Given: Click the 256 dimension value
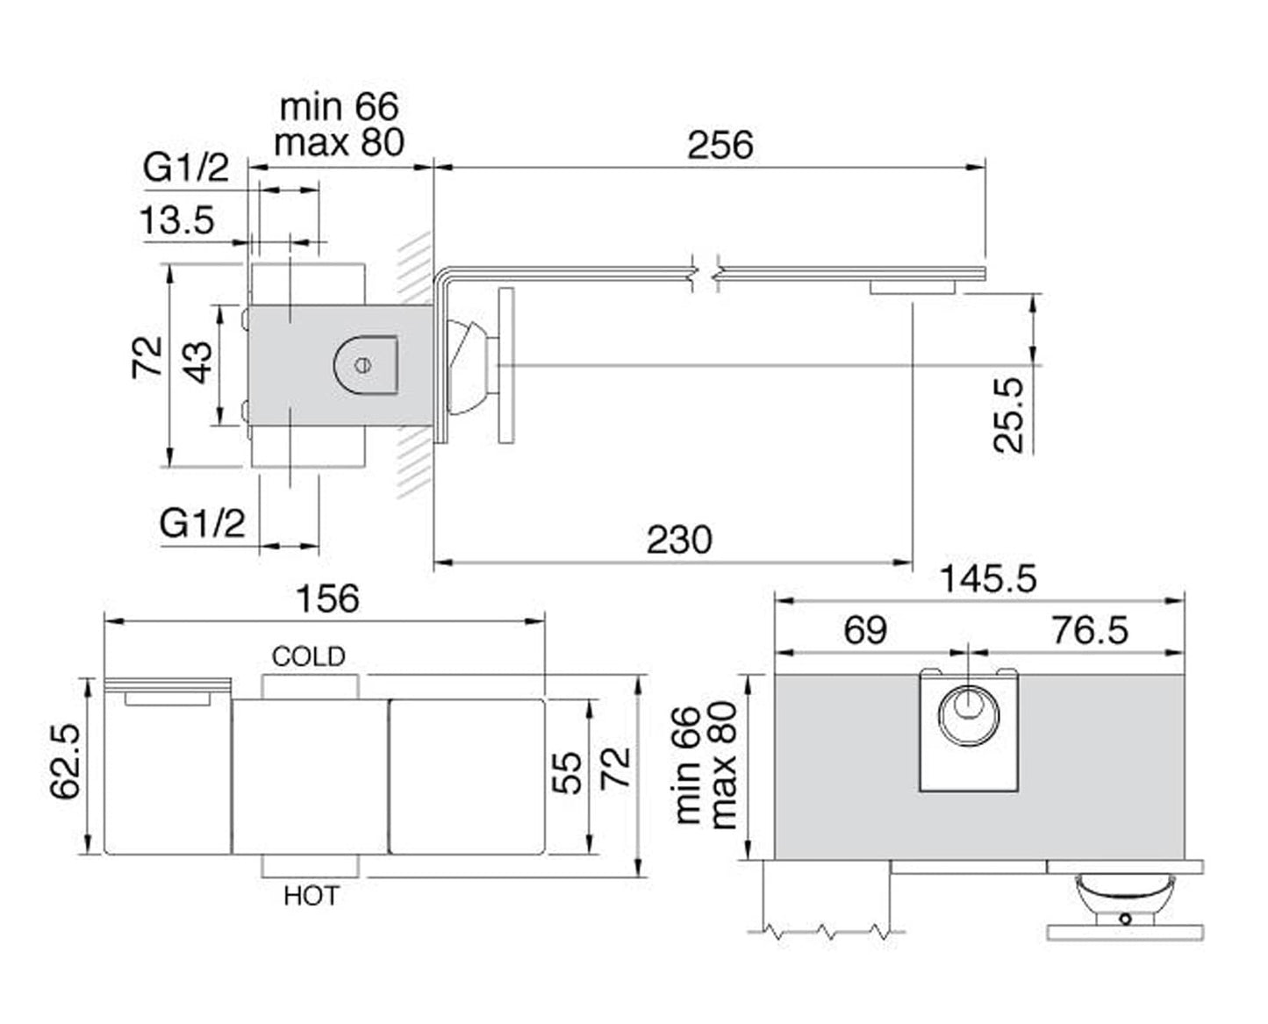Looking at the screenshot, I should coord(720,145).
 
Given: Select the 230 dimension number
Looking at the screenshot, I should coord(679,540).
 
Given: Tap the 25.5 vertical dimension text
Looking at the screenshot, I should coord(1009,414).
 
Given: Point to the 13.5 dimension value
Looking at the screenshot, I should coord(177,219).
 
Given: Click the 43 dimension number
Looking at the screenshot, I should coord(200,362).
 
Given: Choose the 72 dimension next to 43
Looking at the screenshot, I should coord(147,357).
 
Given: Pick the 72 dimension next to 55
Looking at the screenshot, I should coord(616,767).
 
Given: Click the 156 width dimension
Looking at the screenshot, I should coord(327,598).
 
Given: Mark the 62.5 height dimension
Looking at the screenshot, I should coord(67,762).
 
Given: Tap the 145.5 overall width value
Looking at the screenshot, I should coord(988,578).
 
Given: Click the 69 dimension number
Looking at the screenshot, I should coord(865,630).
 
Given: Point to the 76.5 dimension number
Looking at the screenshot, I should coord(1090,630).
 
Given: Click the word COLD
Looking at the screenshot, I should coord(309,656).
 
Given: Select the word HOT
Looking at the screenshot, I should coord(311,896).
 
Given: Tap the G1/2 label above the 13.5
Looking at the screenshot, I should coord(186,167).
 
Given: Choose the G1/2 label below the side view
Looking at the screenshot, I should coord(202,523).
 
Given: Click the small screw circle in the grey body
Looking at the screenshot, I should coord(363,364).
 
